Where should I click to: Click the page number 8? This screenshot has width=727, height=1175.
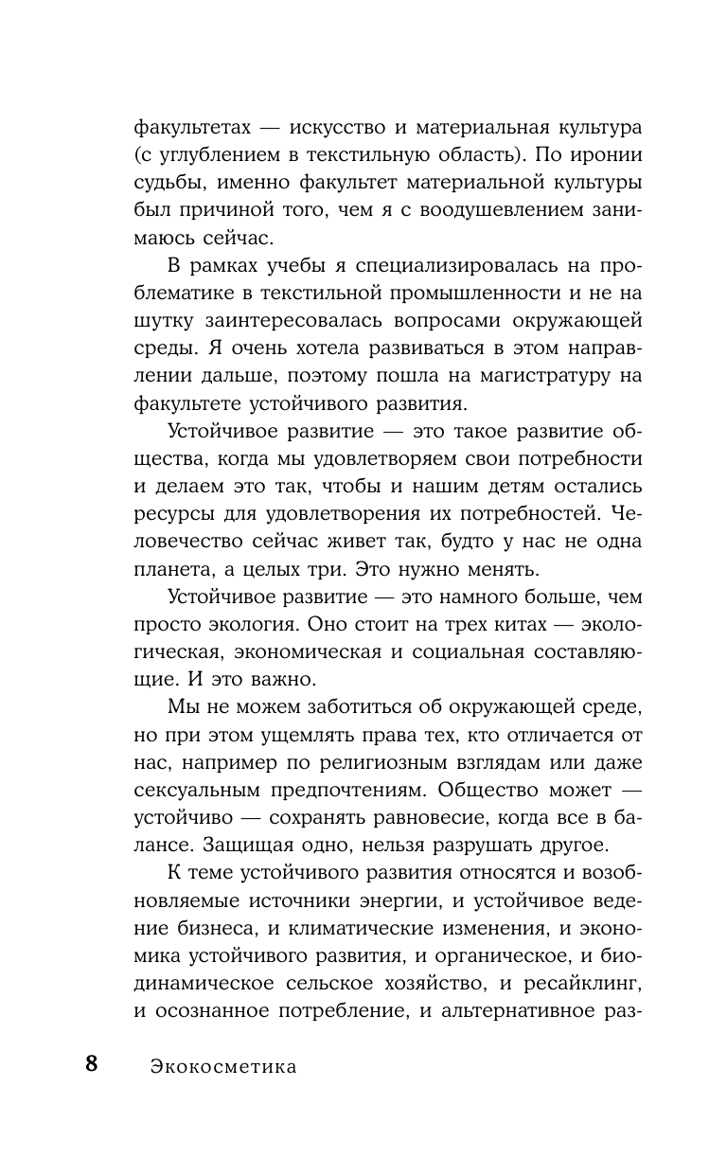point(91,1062)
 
